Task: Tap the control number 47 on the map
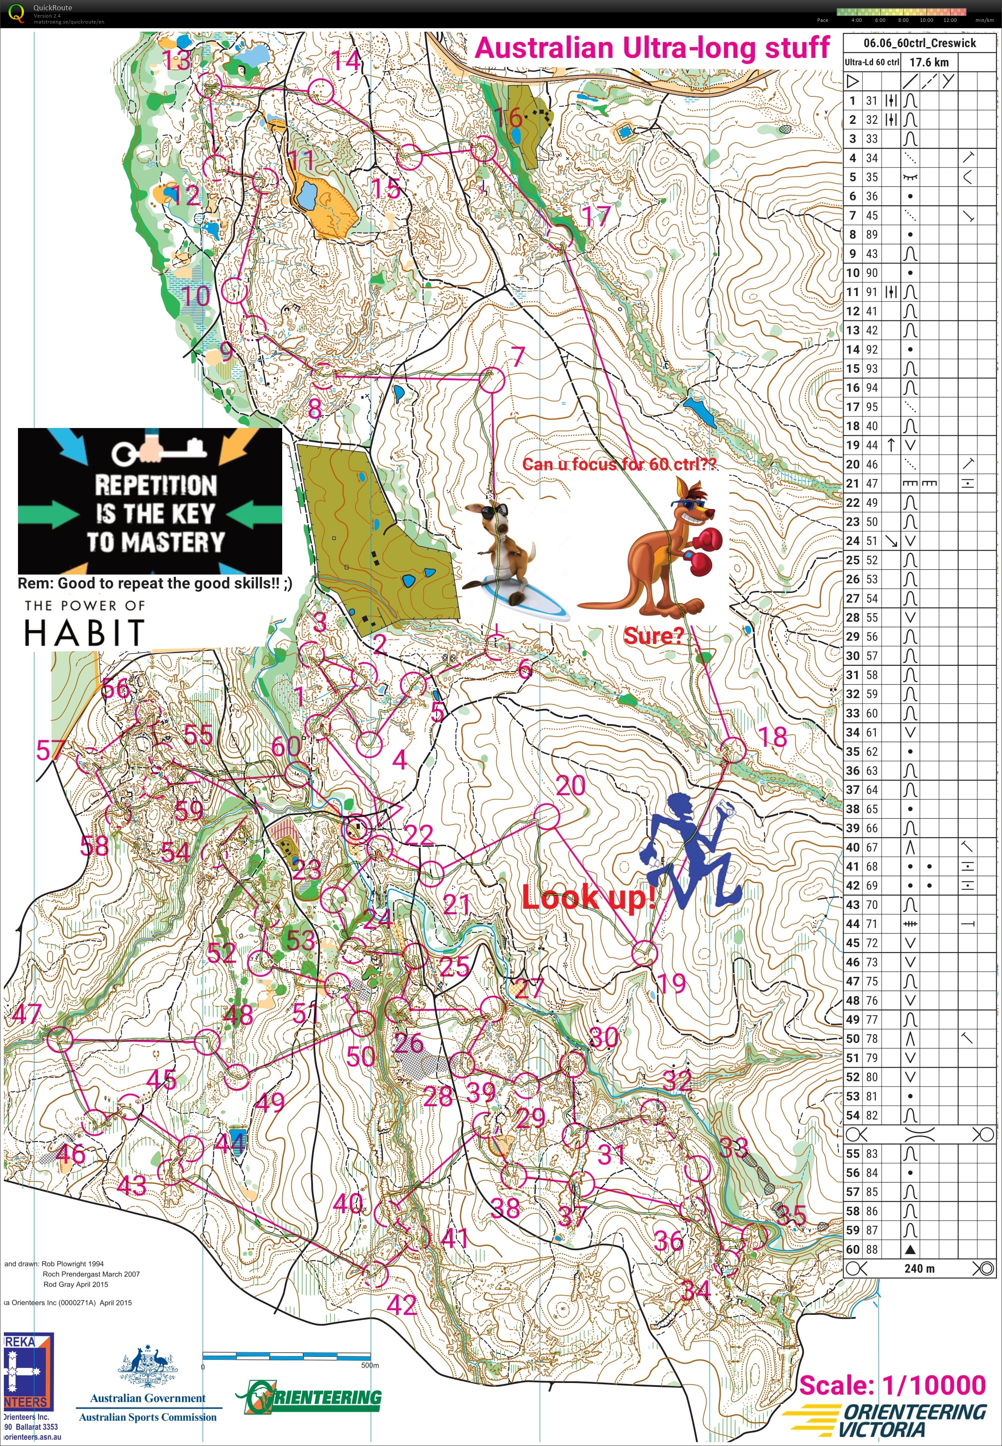27,1014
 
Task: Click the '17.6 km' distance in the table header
929,62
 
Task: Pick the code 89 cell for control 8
872,234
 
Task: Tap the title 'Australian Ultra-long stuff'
652,48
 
